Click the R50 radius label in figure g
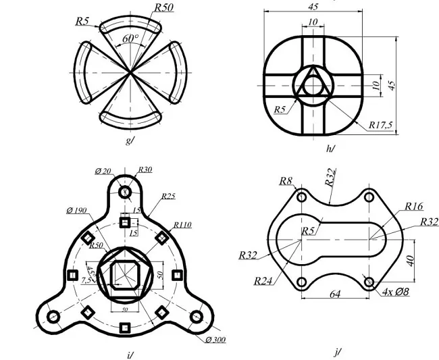pyautogui.click(x=163, y=7)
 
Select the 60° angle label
pyautogui.click(x=130, y=39)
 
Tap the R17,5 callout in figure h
pyautogui.click(x=382, y=125)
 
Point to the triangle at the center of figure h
pyautogui.click(x=313, y=85)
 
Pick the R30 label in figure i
pyautogui.click(x=145, y=170)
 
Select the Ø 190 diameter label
pyautogui.click(x=78, y=211)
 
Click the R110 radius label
pyautogui.click(x=182, y=224)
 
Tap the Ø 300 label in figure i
pyautogui.click(x=215, y=339)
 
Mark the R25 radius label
pyautogui.click(x=168, y=197)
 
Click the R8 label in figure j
pyautogui.click(x=286, y=180)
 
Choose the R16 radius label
pyautogui.click(x=414, y=207)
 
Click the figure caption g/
pyautogui.click(x=129, y=140)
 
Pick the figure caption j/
pyautogui.click(x=337, y=352)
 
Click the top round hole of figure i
pyautogui.click(x=125, y=192)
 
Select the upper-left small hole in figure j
pyautogui.click(x=301, y=197)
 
